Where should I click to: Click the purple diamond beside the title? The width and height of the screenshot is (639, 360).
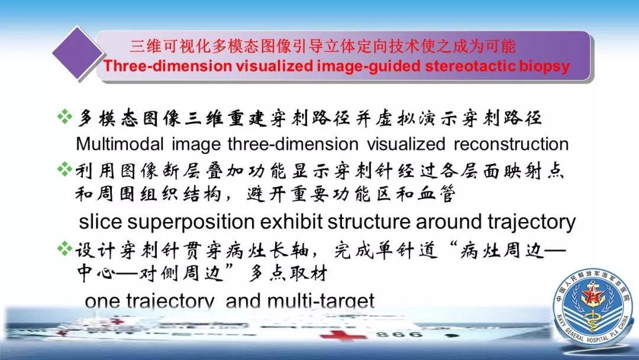tap(78, 53)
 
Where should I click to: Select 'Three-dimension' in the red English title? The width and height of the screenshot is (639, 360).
tap(167, 66)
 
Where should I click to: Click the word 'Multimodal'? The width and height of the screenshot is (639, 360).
tap(120, 144)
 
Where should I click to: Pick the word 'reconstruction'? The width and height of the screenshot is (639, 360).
tap(511, 144)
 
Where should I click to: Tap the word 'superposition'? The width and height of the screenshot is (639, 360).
tap(191, 223)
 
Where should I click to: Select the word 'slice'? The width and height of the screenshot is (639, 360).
tap(100, 221)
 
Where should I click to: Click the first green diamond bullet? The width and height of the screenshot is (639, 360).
tap(65, 117)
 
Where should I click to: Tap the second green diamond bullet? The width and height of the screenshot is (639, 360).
tap(65, 169)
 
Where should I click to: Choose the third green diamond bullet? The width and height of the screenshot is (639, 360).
tap(65, 248)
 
